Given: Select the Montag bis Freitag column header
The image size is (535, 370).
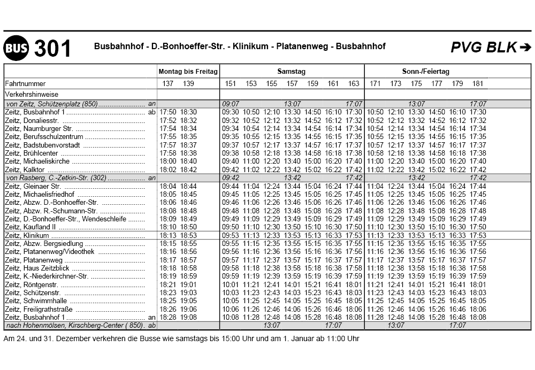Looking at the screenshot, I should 188,71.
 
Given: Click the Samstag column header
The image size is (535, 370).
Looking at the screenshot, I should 291,71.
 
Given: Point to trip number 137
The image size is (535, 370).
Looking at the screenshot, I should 167,83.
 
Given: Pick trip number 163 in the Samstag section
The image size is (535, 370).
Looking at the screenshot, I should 354,83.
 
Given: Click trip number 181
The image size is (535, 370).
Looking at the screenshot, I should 478,83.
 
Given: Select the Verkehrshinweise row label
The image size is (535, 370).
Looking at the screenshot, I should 30,94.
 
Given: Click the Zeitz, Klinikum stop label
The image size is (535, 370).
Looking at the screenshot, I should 27,235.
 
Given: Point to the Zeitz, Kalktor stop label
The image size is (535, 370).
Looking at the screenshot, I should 25,169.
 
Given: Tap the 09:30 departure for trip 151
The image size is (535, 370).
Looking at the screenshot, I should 230,112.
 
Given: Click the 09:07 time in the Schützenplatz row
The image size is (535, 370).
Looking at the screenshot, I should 230,104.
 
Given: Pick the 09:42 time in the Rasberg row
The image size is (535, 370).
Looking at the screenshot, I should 230,178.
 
